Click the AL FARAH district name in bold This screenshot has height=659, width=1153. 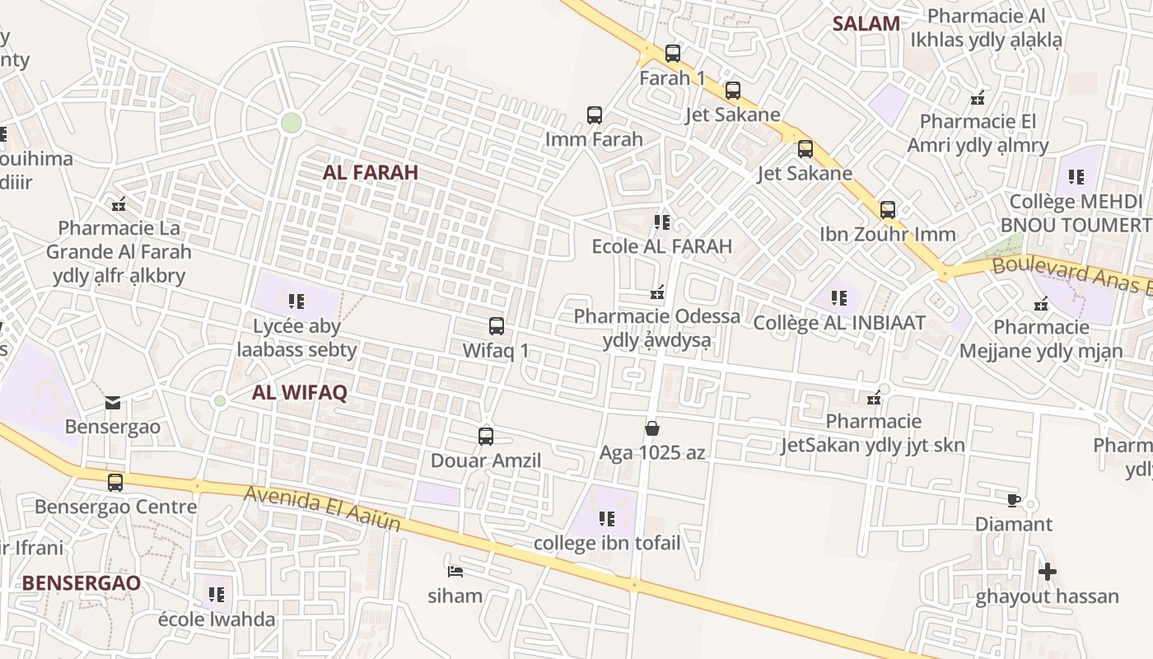(371, 172)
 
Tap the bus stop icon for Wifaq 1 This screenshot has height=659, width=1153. (496, 326)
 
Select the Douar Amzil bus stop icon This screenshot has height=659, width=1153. (486, 437)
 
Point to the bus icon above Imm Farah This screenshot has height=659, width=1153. (594, 115)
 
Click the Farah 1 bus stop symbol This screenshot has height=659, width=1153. (673, 54)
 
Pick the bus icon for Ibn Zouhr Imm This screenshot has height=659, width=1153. (887, 210)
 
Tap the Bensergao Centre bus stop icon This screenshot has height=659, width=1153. (115, 483)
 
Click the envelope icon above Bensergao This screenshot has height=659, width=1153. (113, 403)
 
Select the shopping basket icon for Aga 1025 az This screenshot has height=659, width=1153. (652, 428)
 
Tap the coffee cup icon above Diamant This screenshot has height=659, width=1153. (1014, 500)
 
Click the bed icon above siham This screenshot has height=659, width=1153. (455, 571)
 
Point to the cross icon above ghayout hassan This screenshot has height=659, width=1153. (1047, 571)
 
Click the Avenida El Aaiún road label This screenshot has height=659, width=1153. (323, 509)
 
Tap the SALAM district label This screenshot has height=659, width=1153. (866, 23)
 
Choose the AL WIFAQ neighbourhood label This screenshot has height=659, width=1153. (300, 393)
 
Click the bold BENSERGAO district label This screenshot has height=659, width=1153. (81, 582)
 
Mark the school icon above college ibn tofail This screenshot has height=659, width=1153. (607, 519)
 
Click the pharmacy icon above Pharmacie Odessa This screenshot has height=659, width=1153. (657, 292)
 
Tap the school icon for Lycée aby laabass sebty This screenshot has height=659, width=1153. (296, 301)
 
